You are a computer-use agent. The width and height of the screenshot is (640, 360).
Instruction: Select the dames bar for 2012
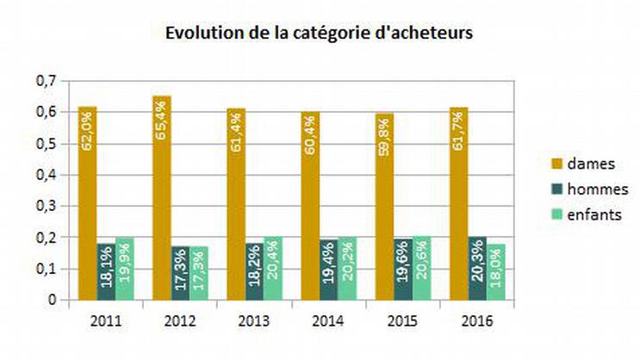(x=162, y=198)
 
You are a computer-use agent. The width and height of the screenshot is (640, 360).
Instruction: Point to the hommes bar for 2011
(x=106, y=271)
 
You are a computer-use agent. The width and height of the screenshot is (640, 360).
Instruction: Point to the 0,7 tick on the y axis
(x=46, y=80)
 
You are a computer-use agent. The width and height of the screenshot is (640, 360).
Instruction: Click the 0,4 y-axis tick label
(x=46, y=174)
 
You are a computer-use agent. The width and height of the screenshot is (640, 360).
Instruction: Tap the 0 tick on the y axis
(x=52, y=300)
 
